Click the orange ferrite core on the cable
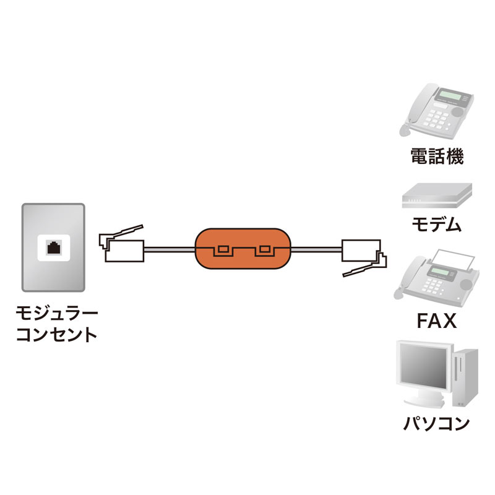pyautogui.click(x=243, y=238)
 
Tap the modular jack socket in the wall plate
pyautogui.click(x=53, y=247)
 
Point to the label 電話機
pyautogui.click(x=437, y=156)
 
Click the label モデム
pyautogui.click(x=437, y=224)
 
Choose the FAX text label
pyautogui.click(x=436, y=322)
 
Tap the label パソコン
pyautogui.click(x=437, y=423)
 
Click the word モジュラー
pyautogui.click(x=56, y=314)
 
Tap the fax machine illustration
pyautogui.click(x=436, y=278)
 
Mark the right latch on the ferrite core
pyautogui.click(x=265, y=250)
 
